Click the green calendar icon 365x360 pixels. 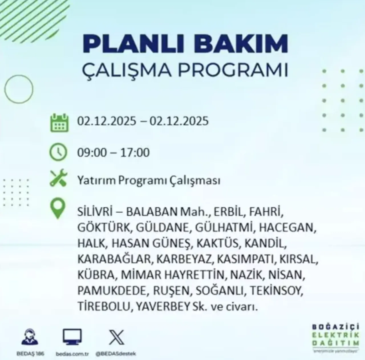tap(59, 123)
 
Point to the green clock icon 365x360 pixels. tap(58, 152)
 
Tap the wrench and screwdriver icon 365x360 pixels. tap(58, 178)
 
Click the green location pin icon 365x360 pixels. tap(58, 209)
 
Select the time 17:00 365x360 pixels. tap(135, 152)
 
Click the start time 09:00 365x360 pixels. tap(91, 152)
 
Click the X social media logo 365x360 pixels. tap(117, 337)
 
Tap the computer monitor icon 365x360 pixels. tap(72, 337)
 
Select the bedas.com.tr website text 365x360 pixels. tap(72, 354)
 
